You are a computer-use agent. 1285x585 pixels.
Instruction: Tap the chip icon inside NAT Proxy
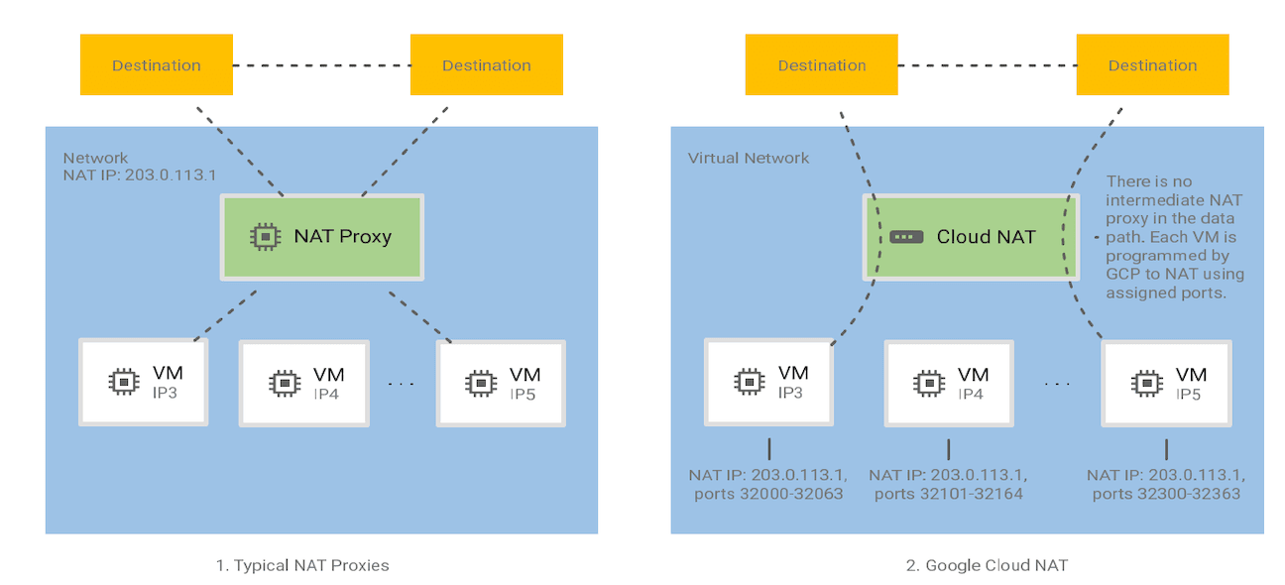264,236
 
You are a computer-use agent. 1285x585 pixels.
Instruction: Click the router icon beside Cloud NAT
904,237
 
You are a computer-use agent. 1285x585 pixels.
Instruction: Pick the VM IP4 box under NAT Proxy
303,383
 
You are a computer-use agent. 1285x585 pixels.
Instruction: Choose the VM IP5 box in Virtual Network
1166,382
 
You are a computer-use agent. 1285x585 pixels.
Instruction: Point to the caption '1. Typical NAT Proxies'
302,565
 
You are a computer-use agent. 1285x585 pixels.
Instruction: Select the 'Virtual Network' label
748,158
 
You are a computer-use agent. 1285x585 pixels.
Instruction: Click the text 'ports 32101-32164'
947,493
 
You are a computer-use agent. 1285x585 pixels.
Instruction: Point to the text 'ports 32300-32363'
1166,493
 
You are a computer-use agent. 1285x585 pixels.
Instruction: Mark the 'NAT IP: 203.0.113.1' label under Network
140,174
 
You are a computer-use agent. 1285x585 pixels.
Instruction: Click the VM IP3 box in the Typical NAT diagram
144,382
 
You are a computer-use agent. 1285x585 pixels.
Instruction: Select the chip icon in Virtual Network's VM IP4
928,382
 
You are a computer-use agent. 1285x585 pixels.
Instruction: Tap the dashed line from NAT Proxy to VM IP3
227,314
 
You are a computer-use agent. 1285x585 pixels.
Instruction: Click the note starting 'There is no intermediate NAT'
1174,238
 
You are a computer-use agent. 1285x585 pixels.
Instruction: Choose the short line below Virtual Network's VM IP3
769,448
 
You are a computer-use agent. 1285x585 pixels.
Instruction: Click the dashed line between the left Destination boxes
321,65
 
